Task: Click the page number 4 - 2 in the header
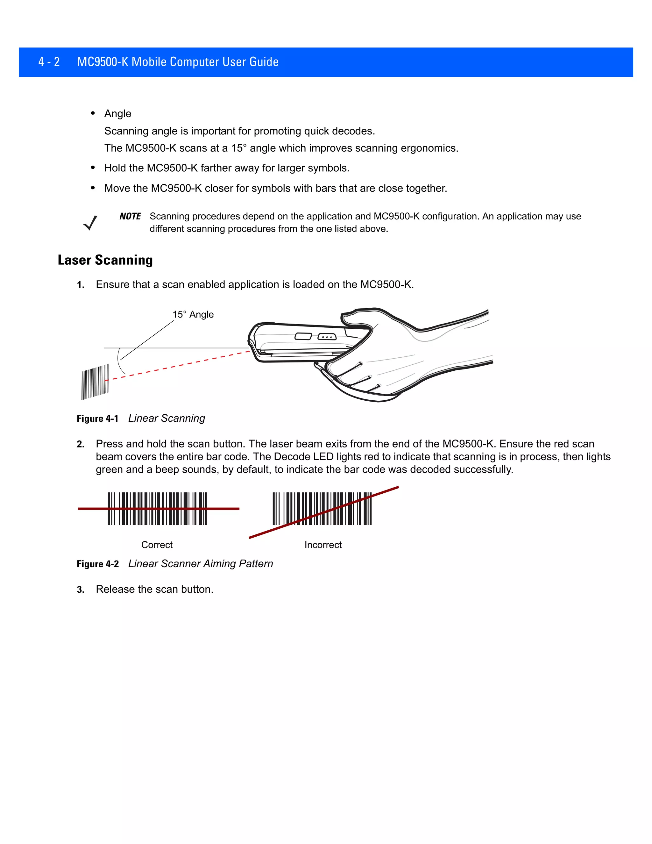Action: tap(49, 62)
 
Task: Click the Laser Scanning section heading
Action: tap(105, 260)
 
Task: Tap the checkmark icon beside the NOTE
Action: tap(90, 223)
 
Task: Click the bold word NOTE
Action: tap(130, 216)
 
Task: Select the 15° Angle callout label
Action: tap(193, 315)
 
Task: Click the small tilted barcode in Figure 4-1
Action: tap(95, 382)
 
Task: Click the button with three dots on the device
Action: tap(327, 337)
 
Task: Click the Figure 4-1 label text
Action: tap(97, 418)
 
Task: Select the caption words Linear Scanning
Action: tap(167, 418)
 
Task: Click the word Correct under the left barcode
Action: tap(157, 545)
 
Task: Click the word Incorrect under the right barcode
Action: tap(323, 545)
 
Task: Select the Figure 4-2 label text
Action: tap(98, 564)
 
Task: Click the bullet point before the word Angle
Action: tap(93, 113)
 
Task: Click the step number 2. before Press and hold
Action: tap(80, 444)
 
